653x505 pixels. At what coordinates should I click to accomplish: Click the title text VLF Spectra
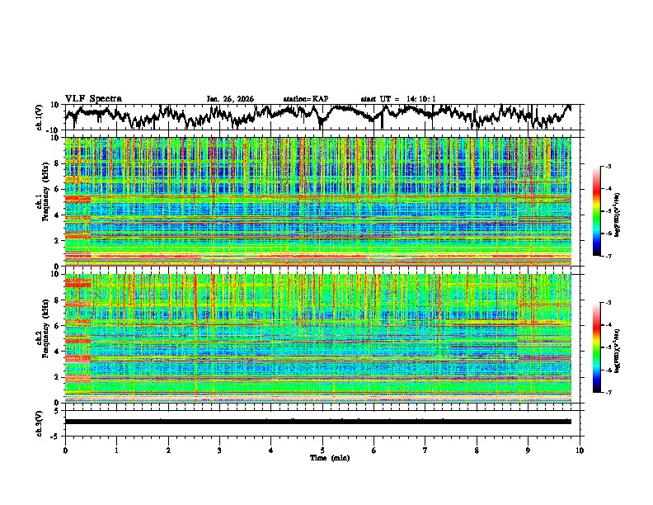[x=93, y=98]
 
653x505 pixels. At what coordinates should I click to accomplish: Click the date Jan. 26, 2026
[x=230, y=99]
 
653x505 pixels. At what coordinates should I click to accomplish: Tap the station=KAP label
[x=305, y=99]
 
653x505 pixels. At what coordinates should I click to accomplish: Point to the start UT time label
[x=397, y=99]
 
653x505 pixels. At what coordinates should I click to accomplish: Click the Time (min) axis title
[x=322, y=457]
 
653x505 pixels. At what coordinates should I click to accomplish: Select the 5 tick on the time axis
[x=322, y=450]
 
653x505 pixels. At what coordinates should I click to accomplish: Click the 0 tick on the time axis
[x=65, y=450]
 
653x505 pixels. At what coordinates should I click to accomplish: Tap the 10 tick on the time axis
[x=580, y=450]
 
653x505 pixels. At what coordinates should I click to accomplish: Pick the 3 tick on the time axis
[x=219, y=450]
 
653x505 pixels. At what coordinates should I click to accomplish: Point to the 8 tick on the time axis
[x=477, y=450]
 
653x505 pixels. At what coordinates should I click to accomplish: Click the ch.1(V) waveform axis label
[x=40, y=117]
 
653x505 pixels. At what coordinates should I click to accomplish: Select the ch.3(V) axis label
[x=40, y=422]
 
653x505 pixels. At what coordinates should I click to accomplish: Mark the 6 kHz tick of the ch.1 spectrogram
[x=58, y=189]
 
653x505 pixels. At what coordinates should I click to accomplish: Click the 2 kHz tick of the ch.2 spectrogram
[x=58, y=377]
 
